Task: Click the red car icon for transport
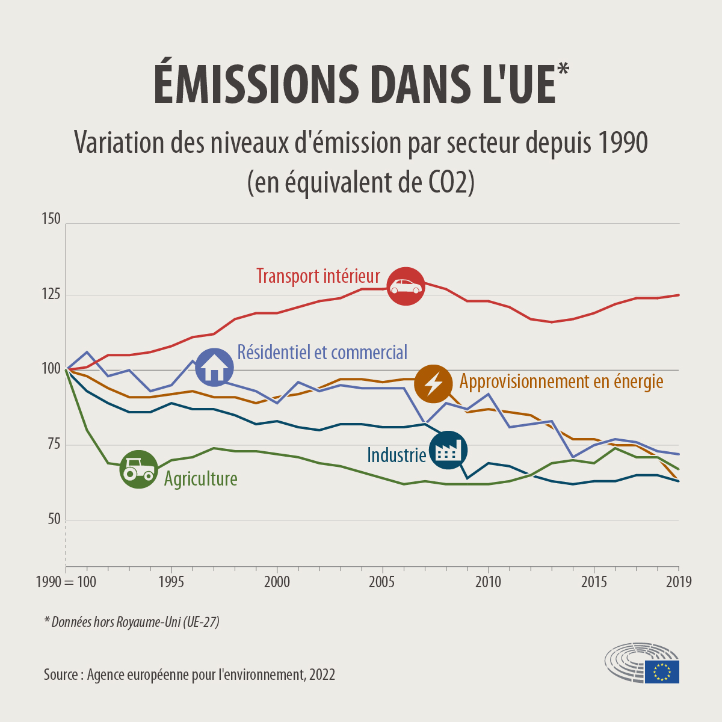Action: point(406,286)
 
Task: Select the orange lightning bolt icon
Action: point(433,383)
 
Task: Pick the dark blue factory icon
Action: point(447,450)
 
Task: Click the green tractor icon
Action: point(138,469)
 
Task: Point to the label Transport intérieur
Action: point(318,276)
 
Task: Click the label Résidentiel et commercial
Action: point(322,352)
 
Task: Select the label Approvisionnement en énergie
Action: point(561,381)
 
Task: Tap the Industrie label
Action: point(396,455)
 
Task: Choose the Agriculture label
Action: point(201,479)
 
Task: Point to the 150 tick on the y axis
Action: point(51,219)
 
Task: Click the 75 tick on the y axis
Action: point(53,445)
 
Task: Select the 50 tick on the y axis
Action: point(53,519)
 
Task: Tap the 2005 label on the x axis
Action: point(381,582)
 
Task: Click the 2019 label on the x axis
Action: point(679,582)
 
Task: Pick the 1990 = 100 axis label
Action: point(66,582)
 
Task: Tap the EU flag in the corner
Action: point(662,671)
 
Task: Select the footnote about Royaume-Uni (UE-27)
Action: point(132,622)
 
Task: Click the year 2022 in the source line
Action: point(322,674)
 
